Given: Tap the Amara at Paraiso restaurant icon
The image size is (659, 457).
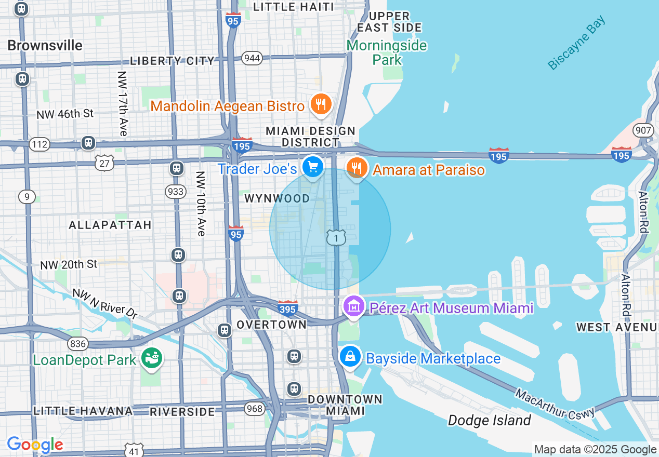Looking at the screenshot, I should point(357,168).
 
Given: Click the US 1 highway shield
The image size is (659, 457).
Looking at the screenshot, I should point(336,238).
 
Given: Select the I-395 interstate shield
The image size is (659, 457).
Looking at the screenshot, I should point(287,308).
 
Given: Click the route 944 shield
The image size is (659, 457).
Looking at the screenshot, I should point(252,58).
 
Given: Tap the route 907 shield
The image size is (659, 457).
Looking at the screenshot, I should point(643,130).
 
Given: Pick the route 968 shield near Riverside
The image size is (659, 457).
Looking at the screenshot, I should point(255,409).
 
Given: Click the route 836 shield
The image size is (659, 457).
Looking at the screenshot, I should point(77,343).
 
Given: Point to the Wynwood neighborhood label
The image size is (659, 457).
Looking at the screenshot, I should point(277,198).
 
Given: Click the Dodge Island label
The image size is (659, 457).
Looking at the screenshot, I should point(490,420).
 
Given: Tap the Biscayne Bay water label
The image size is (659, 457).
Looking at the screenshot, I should point(577,43).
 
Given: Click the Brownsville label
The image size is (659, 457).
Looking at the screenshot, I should point(45,46).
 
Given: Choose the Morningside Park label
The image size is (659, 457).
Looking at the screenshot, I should point(387,52).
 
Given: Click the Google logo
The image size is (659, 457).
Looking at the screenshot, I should point(35,445).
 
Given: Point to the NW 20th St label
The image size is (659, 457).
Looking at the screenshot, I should point(69,264).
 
